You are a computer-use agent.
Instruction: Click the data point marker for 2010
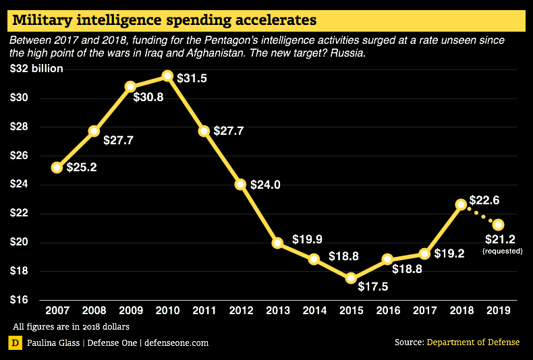click(167, 76)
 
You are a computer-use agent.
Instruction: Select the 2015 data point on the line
click(351, 278)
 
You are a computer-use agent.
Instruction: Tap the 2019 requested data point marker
click(498, 224)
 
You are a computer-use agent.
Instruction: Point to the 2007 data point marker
click(57, 167)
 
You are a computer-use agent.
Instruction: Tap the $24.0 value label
click(264, 184)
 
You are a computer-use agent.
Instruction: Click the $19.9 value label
click(307, 239)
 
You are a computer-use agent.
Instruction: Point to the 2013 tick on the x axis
click(277, 311)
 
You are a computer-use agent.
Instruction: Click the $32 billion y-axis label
click(37, 69)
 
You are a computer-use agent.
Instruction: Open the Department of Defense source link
click(473, 342)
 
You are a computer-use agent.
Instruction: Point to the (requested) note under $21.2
click(503, 251)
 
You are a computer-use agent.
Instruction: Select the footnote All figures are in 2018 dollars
click(71, 327)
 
